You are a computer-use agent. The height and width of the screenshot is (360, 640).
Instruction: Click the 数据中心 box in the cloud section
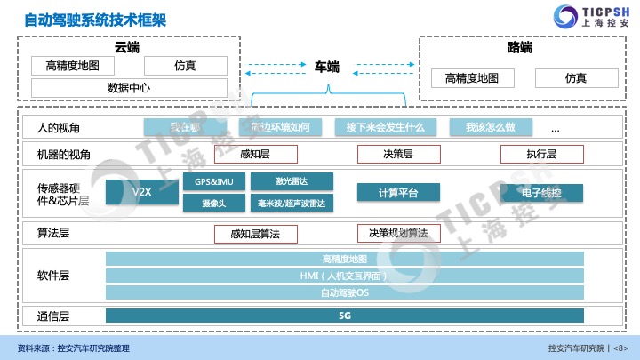[128, 88]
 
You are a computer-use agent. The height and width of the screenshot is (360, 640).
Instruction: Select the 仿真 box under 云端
[185, 66]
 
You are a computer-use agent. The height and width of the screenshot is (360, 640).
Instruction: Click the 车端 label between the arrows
[326, 66]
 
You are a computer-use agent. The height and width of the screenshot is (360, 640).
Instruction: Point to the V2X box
[141, 192]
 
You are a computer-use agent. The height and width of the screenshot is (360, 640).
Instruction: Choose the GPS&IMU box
[214, 181]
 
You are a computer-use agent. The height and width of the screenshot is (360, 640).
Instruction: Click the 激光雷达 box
[292, 181]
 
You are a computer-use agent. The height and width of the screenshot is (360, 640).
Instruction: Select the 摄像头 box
[214, 203]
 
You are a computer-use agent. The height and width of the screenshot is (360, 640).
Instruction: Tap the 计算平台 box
[398, 192]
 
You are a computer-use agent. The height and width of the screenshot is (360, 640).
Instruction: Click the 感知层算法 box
[255, 234]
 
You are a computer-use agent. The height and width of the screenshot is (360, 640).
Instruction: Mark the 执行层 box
[540, 154]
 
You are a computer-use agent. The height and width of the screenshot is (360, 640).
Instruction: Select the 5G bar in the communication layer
[345, 315]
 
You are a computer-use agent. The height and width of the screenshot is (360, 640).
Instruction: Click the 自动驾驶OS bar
[345, 292]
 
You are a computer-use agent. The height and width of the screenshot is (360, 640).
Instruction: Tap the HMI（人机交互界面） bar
[345, 276]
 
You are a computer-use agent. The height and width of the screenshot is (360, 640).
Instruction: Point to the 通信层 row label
[52, 316]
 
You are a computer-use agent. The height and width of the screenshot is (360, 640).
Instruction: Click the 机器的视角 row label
[63, 154]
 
